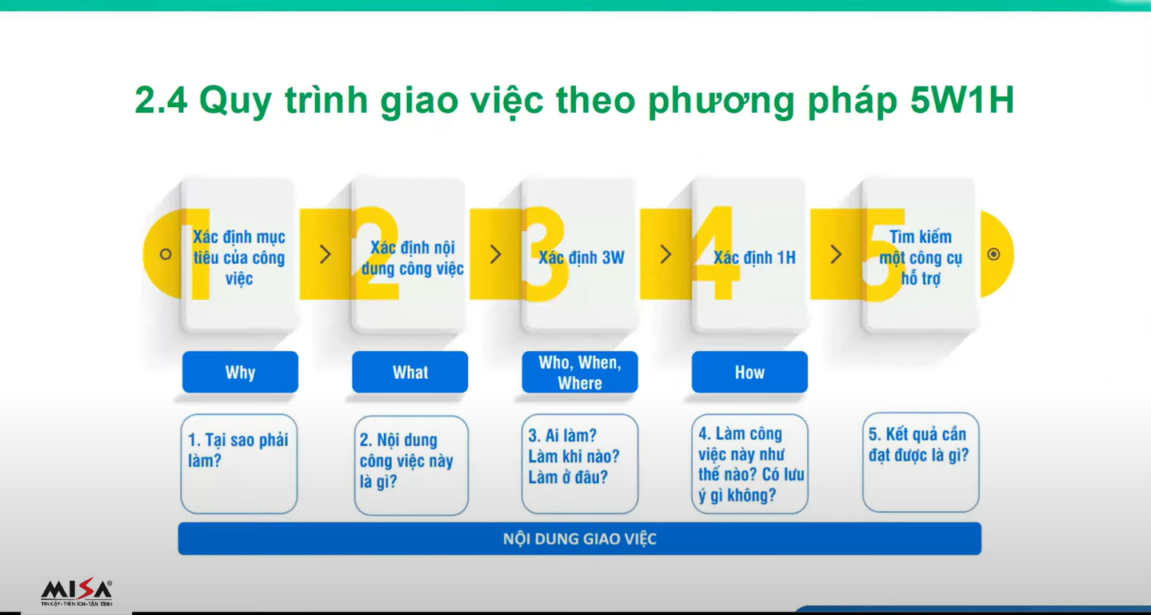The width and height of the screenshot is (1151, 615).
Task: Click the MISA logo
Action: (x=76, y=593)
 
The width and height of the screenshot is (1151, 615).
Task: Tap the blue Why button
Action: (x=240, y=372)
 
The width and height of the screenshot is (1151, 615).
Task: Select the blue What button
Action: (x=410, y=372)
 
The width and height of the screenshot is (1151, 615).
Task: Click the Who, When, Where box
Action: (x=580, y=372)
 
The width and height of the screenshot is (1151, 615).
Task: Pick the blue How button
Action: (x=749, y=372)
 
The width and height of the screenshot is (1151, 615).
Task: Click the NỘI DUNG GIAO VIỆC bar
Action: (x=580, y=538)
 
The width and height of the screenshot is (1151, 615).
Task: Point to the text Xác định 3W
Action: (x=581, y=258)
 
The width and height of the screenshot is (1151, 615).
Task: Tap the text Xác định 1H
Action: (x=754, y=258)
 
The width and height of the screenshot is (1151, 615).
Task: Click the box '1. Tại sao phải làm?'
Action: (x=239, y=464)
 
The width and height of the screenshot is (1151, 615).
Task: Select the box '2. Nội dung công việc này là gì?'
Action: (x=411, y=465)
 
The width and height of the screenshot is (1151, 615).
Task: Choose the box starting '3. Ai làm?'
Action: (x=580, y=464)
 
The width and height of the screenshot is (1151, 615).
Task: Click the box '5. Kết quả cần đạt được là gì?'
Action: (x=921, y=462)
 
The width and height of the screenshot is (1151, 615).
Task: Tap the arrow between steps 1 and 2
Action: (x=326, y=254)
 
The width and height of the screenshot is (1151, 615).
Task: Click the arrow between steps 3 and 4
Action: (x=666, y=254)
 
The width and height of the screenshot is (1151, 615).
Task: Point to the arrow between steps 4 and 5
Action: (x=836, y=254)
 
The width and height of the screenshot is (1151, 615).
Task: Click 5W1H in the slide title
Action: (x=962, y=100)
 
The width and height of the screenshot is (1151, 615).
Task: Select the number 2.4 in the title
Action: (x=161, y=100)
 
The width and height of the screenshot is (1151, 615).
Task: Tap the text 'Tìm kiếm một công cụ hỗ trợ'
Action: (x=921, y=258)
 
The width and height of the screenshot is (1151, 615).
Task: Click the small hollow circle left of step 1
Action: (x=166, y=254)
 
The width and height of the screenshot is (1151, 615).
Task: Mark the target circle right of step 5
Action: (x=993, y=254)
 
